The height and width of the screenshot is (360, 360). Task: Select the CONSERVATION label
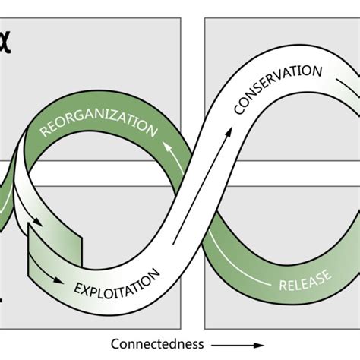pos(278,89)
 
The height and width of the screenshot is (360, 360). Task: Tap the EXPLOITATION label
pos(118,282)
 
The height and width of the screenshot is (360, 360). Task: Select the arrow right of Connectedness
pos(228,343)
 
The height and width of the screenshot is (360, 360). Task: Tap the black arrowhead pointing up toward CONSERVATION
pos(227,134)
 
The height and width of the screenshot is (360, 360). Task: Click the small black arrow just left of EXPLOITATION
pos(58,279)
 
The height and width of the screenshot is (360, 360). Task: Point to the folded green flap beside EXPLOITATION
pos(53,247)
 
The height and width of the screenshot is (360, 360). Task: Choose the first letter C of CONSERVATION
pos(239,110)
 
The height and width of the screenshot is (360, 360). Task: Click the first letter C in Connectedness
pos(115,343)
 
